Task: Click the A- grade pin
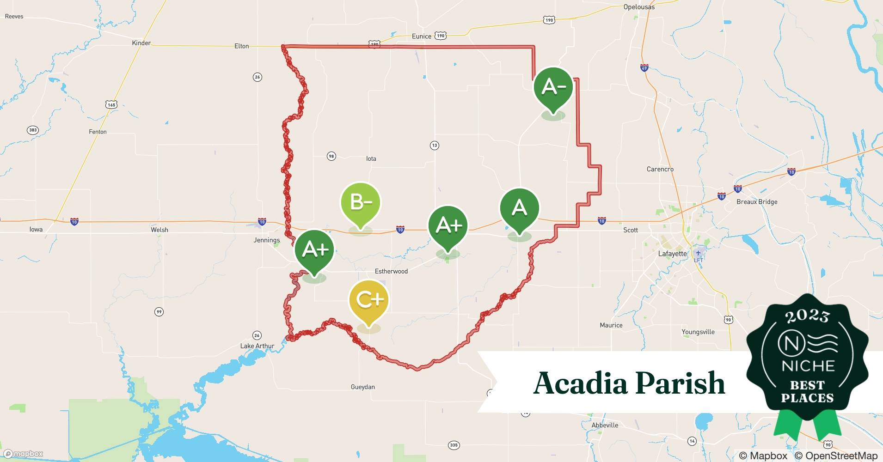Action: coord(553,87)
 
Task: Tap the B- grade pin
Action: coord(361,202)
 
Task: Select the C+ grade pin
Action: coord(369,300)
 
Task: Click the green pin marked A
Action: coord(520,208)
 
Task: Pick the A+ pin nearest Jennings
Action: coord(315,249)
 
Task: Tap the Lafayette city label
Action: coord(672,254)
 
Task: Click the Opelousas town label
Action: coord(639,7)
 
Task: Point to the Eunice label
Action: coord(421,36)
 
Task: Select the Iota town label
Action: coord(371,158)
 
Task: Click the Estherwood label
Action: coord(391,271)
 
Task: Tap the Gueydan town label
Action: coord(363,387)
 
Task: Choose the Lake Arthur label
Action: coord(257,346)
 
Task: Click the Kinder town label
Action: coord(141,43)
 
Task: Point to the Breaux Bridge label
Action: coord(757,202)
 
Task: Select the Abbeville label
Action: coord(605,425)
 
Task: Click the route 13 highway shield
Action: coord(434,146)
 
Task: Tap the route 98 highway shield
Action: coord(331,156)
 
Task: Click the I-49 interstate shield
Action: coord(644,68)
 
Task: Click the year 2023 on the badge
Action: coord(807,316)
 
